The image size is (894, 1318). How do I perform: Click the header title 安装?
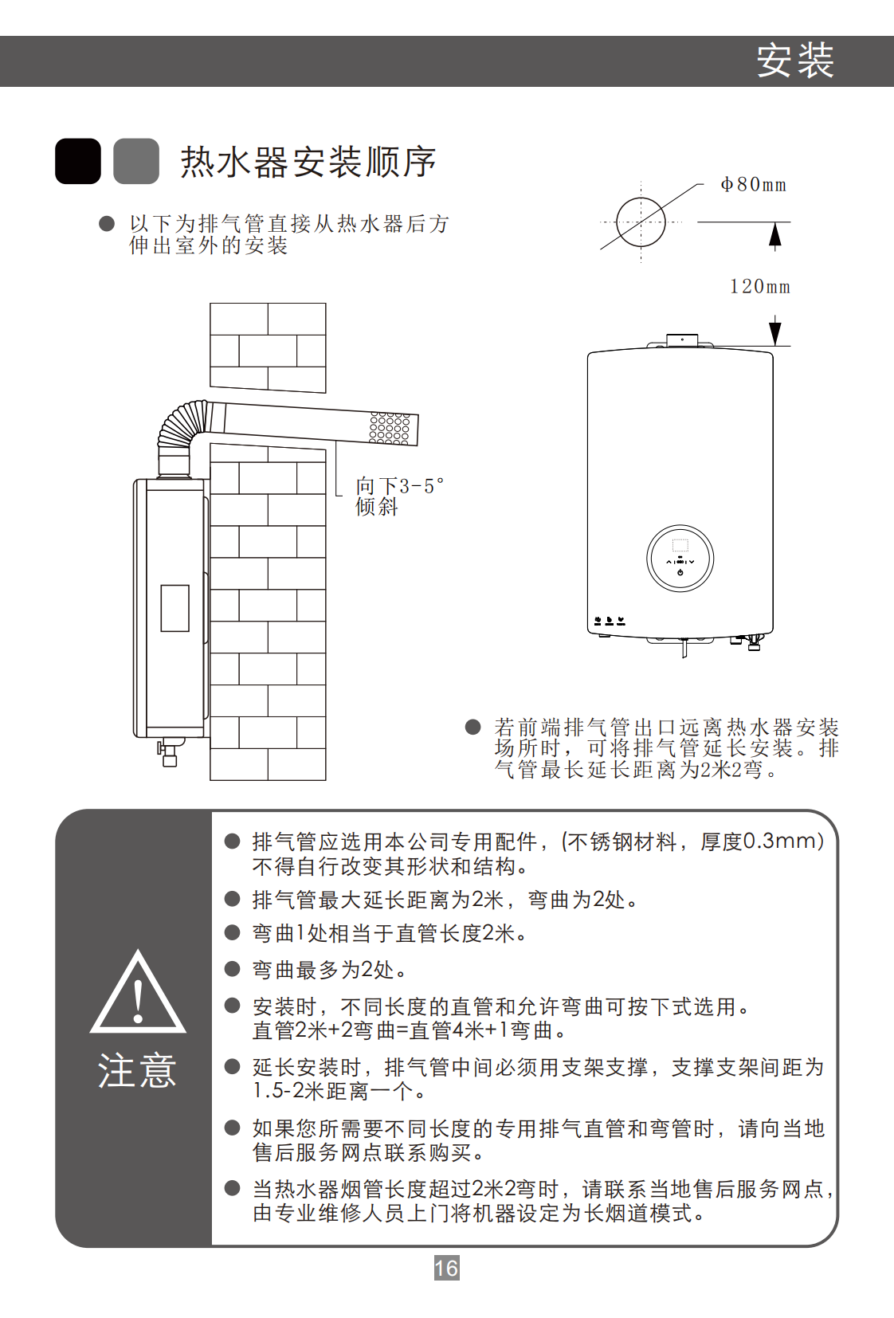[795, 61]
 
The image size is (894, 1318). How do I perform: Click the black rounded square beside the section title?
[78, 161]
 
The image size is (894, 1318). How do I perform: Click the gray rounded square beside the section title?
[136, 161]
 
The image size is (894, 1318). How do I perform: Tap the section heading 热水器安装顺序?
[308, 162]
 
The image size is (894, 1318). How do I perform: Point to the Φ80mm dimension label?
[754, 185]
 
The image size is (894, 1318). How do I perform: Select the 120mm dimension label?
[760, 287]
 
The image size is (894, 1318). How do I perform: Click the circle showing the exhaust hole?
[641, 222]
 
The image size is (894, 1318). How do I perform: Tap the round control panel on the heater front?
[680, 558]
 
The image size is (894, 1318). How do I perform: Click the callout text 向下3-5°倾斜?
[399, 496]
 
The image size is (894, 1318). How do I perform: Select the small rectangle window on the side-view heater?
[174, 608]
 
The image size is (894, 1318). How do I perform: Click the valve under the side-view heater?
[168, 752]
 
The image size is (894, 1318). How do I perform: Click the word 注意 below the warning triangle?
[138, 1070]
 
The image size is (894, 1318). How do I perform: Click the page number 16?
[446, 1267]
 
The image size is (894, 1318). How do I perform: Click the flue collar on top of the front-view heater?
[682, 341]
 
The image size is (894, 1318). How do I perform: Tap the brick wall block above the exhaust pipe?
[268, 347]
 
